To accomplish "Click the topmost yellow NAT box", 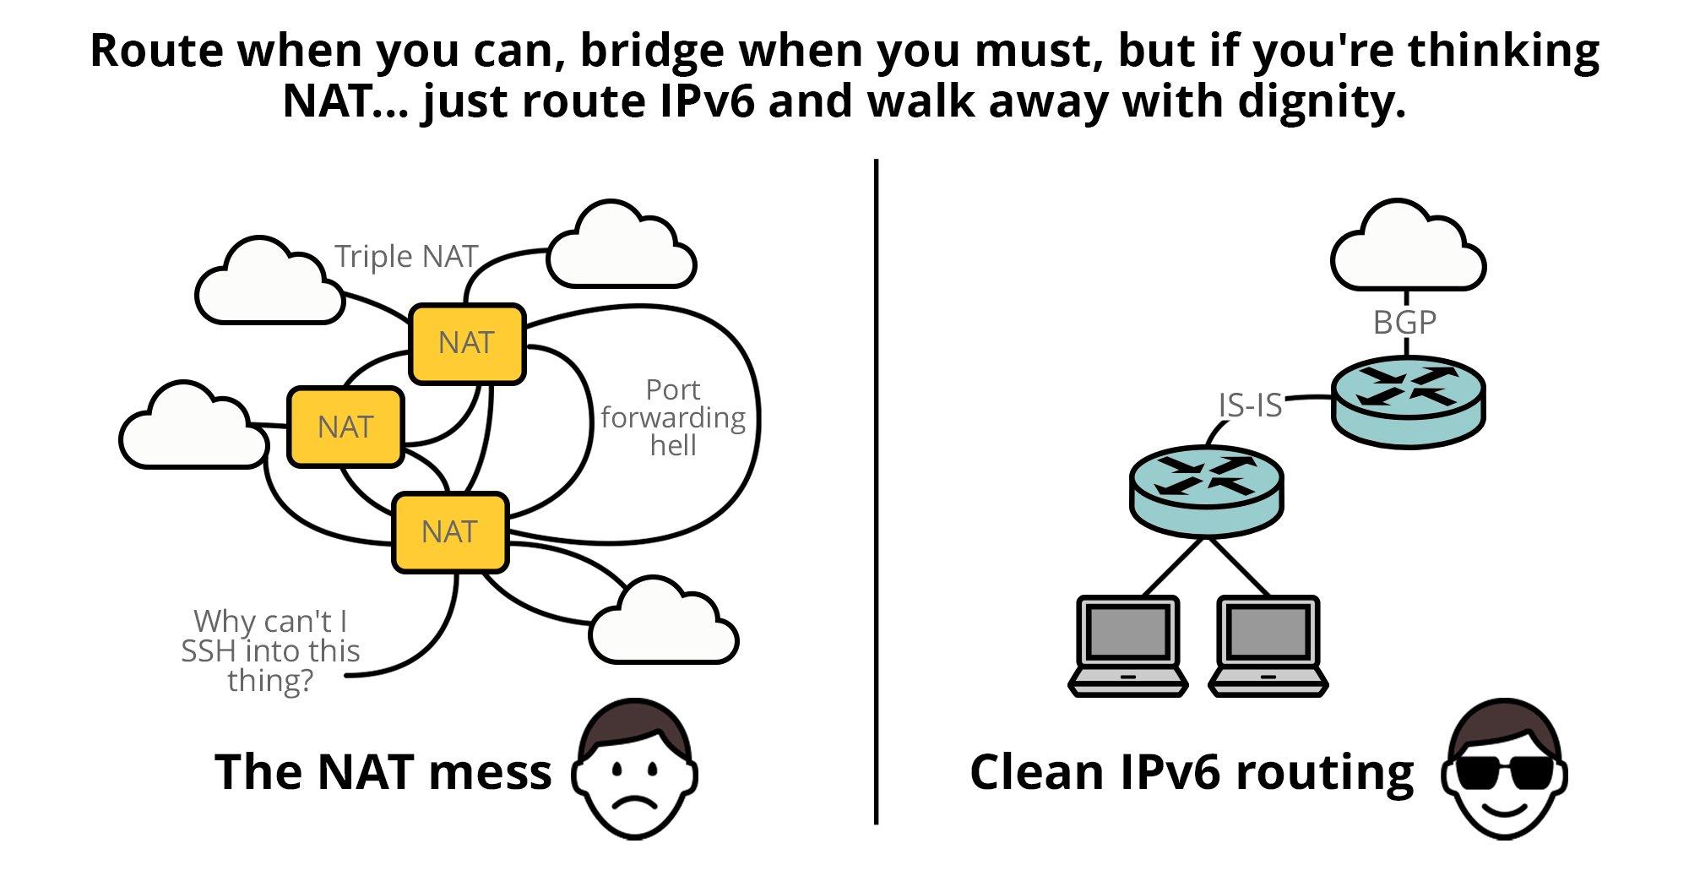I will click(x=466, y=343).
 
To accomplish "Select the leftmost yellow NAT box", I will click(x=345, y=427).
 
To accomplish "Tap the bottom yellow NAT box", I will click(x=450, y=532).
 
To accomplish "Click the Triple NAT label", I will click(x=406, y=256).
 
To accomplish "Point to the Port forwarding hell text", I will click(x=673, y=417).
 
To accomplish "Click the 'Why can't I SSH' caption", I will click(x=270, y=650).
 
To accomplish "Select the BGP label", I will click(x=1404, y=322).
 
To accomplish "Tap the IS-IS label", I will click(x=1250, y=405).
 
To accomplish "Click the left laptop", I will click(x=1127, y=646).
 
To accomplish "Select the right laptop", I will click(x=1268, y=646).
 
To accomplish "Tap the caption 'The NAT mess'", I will click(x=383, y=771).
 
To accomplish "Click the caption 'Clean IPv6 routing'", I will click(x=1191, y=771).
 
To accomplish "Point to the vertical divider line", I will click(x=876, y=490).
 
